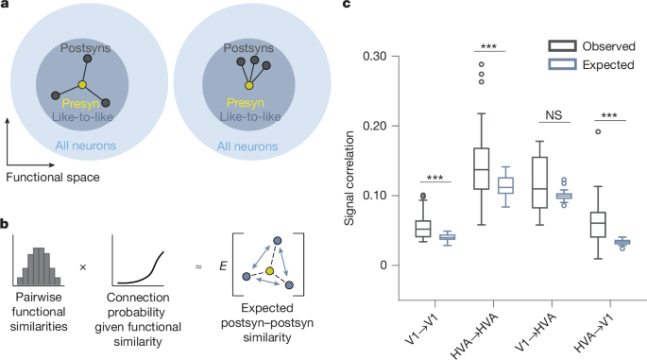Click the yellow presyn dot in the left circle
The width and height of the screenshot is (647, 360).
(x=82, y=85)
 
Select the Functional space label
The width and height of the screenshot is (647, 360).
(x=56, y=176)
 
